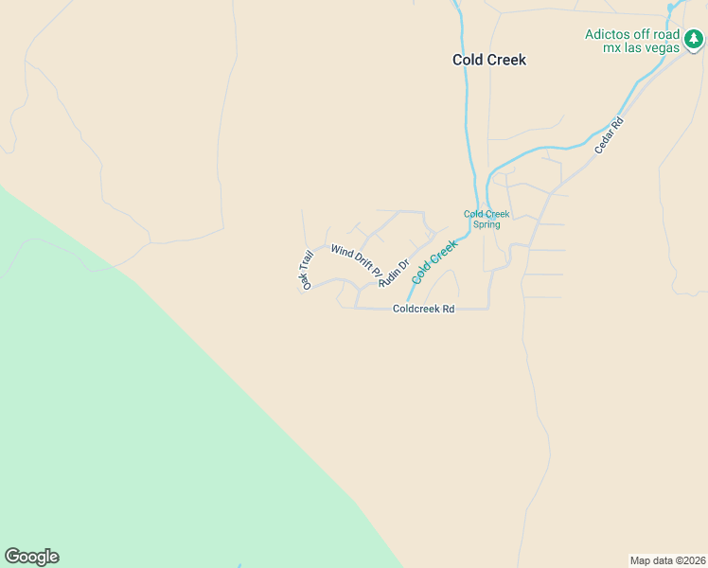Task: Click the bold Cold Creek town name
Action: click(488, 60)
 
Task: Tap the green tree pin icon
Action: click(695, 40)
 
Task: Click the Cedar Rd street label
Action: click(611, 135)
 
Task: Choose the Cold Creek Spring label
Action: click(487, 219)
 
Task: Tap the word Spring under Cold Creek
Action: click(487, 224)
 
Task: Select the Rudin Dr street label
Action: click(393, 273)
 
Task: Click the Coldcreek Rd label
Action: click(424, 309)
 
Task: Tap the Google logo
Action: click(31, 557)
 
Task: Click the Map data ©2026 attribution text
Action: click(667, 560)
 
